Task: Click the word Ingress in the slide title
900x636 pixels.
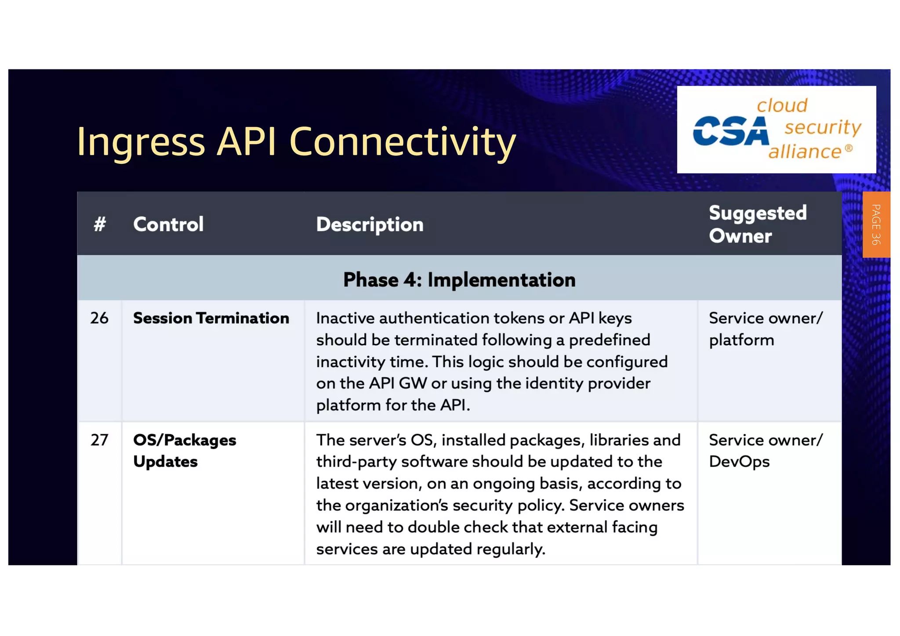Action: (x=141, y=142)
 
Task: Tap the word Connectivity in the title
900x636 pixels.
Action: (x=402, y=142)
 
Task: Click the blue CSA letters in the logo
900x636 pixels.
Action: (x=730, y=131)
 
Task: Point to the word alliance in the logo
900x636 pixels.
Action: (x=804, y=152)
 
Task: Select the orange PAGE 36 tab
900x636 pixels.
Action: (x=876, y=224)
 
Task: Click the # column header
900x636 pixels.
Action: (x=100, y=224)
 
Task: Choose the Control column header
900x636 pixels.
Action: (x=168, y=224)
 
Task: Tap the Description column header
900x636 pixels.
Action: (x=370, y=224)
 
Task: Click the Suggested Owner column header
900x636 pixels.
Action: (x=757, y=224)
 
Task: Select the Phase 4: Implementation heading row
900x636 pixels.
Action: (x=459, y=280)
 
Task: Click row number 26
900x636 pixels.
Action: (x=99, y=318)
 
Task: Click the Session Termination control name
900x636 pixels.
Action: (x=211, y=318)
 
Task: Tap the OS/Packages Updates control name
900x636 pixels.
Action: (x=184, y=451)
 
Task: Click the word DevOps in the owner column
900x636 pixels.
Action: (x=739, y=462)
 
